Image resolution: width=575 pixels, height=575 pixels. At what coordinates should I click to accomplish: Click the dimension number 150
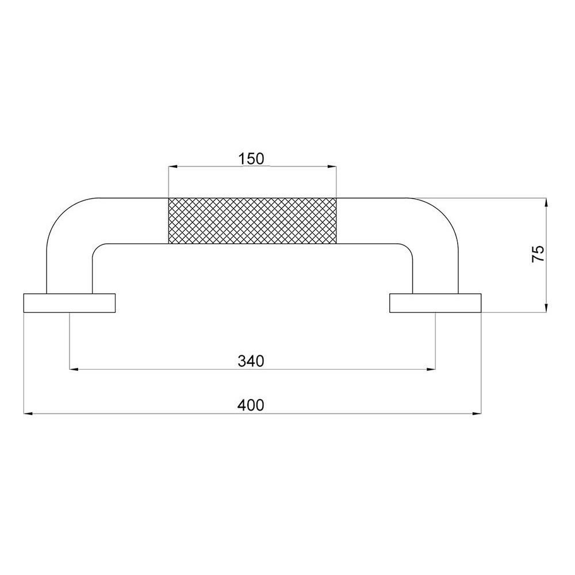point(251,159)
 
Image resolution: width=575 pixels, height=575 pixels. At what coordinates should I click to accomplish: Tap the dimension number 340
point(251,361)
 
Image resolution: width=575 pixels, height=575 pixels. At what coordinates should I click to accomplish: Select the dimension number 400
point(251,405)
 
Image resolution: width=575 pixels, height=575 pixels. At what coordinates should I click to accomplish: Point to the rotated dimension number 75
point(538,254)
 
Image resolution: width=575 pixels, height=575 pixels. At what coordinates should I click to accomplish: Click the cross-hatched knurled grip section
point(252,221)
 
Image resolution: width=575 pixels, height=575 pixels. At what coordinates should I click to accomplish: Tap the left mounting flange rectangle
point(70,303)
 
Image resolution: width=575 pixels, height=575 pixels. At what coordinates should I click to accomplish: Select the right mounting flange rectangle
point(435,303)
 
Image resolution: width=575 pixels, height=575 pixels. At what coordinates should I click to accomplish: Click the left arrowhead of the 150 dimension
point(172,167)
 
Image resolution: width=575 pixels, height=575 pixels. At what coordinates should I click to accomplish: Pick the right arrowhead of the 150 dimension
point(332,167)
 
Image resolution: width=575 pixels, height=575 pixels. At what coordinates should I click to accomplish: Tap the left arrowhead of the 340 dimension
point(74,369)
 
